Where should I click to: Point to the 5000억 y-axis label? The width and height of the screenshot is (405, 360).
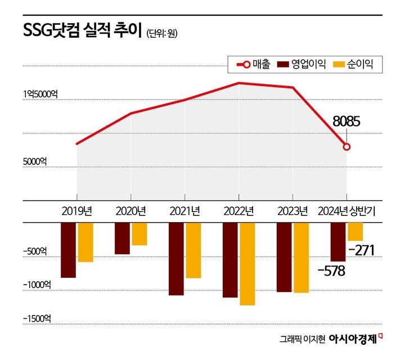[35, 161]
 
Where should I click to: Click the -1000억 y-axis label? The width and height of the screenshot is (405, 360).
[37, 285]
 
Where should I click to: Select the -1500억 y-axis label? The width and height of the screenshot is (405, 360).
[37, 318]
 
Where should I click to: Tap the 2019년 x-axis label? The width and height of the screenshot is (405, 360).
[76, 211]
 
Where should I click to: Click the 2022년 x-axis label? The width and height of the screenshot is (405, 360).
[238, 211]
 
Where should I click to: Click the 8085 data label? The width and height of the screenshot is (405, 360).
[346, 121]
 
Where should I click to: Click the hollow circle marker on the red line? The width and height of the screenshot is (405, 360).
[346, 147]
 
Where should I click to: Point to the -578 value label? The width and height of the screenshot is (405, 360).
[331, 271]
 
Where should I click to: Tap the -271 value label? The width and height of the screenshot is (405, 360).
[361, 250]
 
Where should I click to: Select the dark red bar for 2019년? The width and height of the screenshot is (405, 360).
[68, 250]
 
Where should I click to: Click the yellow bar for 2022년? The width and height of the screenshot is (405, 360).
[247, 263]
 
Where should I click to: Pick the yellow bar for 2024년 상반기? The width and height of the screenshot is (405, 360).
[355, 231]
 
